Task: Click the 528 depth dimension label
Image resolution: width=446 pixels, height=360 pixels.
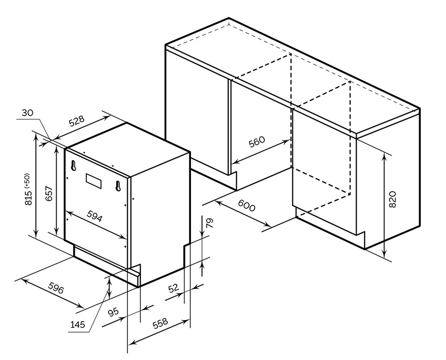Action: pyautogui.click(x=76, y=121)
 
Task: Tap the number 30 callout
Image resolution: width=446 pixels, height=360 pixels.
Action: pyautogui.click(x=28, y=113)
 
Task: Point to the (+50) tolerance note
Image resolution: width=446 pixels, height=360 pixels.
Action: pyautogui.click(x=27, y=180)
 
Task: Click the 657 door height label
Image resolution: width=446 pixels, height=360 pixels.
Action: pyautogui.click(x=49, y=193)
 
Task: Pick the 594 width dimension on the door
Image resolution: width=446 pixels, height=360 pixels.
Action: pyautogui.click(x=94, y=216)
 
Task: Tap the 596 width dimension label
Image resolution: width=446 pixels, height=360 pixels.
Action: pyautogui.click(x=56, y=288)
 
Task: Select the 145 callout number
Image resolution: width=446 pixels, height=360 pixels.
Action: pyautogui.click(x=77, y=324)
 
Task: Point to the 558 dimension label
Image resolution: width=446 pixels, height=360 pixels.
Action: pyautogui.click(x=160, y=323)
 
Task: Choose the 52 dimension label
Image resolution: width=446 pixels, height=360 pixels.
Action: pyautogui.click(x=174, y=288)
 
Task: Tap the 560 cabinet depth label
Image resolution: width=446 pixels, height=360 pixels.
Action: pyautogui.click(x=257, y=141)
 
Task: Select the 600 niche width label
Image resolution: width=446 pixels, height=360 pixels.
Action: pyautogui.click(x=246, y=205)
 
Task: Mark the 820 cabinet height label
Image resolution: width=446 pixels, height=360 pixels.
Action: pyautogui.click(x=392, y=199)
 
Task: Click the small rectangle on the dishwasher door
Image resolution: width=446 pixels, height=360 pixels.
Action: pyautogui.click(x=93, y=181)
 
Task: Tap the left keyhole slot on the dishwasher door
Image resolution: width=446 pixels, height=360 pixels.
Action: pyautogui.click(x=73, y=166)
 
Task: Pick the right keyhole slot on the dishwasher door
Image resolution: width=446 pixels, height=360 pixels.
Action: pyautogui.click(x=118, y=186)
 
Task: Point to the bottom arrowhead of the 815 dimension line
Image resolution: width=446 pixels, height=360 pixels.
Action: pyautogui.click(x=36, y=234)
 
